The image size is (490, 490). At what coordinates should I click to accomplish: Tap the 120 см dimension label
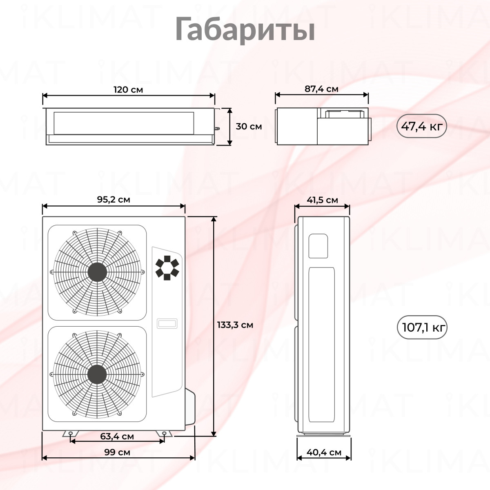coord(128,90)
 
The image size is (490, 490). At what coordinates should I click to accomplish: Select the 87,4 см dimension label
coord(321,89)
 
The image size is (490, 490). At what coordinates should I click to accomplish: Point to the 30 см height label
coord(249,126)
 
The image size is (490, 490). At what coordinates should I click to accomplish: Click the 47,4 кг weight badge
coord(421,126)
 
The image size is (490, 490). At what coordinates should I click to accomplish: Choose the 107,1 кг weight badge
coord(422,327)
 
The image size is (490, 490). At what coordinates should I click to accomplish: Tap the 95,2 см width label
coord(114,200)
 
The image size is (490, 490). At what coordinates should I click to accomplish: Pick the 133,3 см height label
coord(235,325)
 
